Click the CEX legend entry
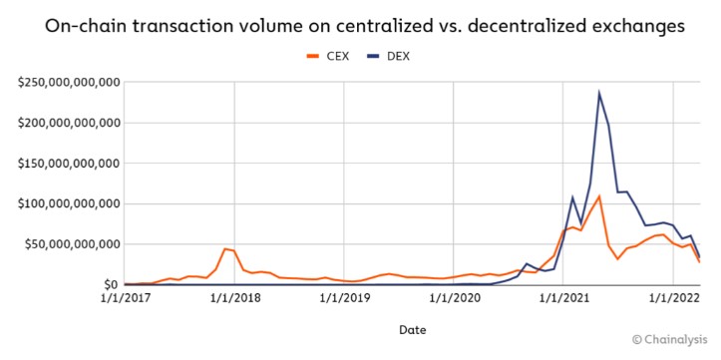[x=329, y=55]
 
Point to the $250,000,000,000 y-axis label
[x=68, y=82]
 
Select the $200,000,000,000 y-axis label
[x=68, y=123]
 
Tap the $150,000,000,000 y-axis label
[x=68, y=163]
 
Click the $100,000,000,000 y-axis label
[x=68, y=203]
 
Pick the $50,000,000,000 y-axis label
[x=72, y=244]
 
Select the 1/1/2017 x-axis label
[x=125, y=298]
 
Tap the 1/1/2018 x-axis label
[x=234, y=298]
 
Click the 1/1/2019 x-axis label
[x=344, y=298]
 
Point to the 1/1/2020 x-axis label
[x=454, y=298]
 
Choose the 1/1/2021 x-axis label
[x=563, y=298]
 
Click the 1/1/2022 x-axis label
[x=672, y=298]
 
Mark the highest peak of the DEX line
[x=599, y=94]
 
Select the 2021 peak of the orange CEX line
[x=599, y=196]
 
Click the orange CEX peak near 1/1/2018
[x=225, y=248]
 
